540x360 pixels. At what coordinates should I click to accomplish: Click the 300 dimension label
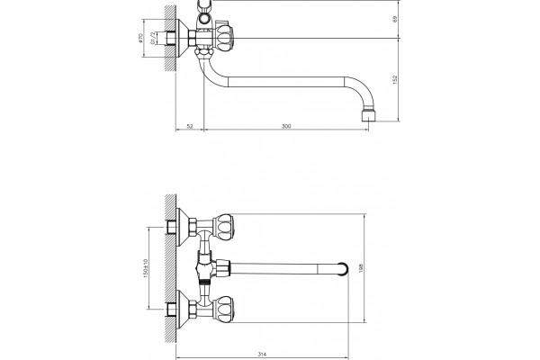[x=286, y=126]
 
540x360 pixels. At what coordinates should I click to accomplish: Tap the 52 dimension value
[x=190, y=126]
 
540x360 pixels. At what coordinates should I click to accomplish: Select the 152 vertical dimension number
[x=395, y=79]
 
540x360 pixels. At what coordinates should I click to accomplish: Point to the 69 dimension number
[x=395, y=19]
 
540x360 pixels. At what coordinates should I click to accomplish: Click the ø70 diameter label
[x=139, y=38]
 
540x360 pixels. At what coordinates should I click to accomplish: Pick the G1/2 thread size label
[x=153, y=38]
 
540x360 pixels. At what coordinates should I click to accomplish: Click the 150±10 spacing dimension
[x=145, y=268]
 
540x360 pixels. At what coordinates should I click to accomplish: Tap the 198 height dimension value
[x=361, y=268]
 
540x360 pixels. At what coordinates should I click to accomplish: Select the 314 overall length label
[x=262, y=354]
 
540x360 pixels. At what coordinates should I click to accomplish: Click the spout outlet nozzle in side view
[x=368, y=115]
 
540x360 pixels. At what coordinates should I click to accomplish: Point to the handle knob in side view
[x=224, y=36]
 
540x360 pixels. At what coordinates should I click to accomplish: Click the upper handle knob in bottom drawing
[x=223, y=227]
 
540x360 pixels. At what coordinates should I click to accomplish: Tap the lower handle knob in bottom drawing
[x=223, y=309]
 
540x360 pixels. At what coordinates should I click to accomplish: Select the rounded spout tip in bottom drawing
[x=343, y=269]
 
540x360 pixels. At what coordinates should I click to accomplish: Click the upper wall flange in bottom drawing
[x=182, y=227]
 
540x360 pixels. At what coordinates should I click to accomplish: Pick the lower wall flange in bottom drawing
[x=182, y=309]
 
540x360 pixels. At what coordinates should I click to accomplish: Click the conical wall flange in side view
[x=182, y=38]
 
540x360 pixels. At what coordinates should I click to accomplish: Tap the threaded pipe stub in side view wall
[x=170, y=38]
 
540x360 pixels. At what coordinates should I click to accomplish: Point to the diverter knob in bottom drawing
[x=222, y=268]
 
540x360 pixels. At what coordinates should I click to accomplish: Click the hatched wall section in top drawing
[x=170, y=39]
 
